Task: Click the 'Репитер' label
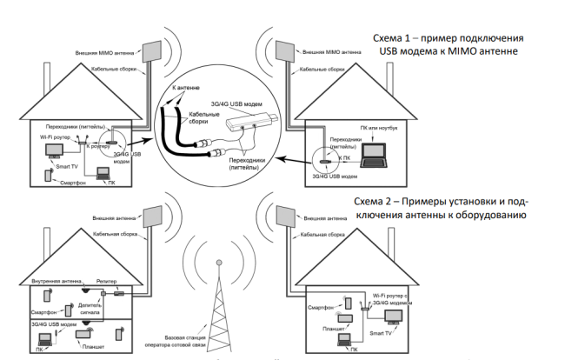[109, 279]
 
